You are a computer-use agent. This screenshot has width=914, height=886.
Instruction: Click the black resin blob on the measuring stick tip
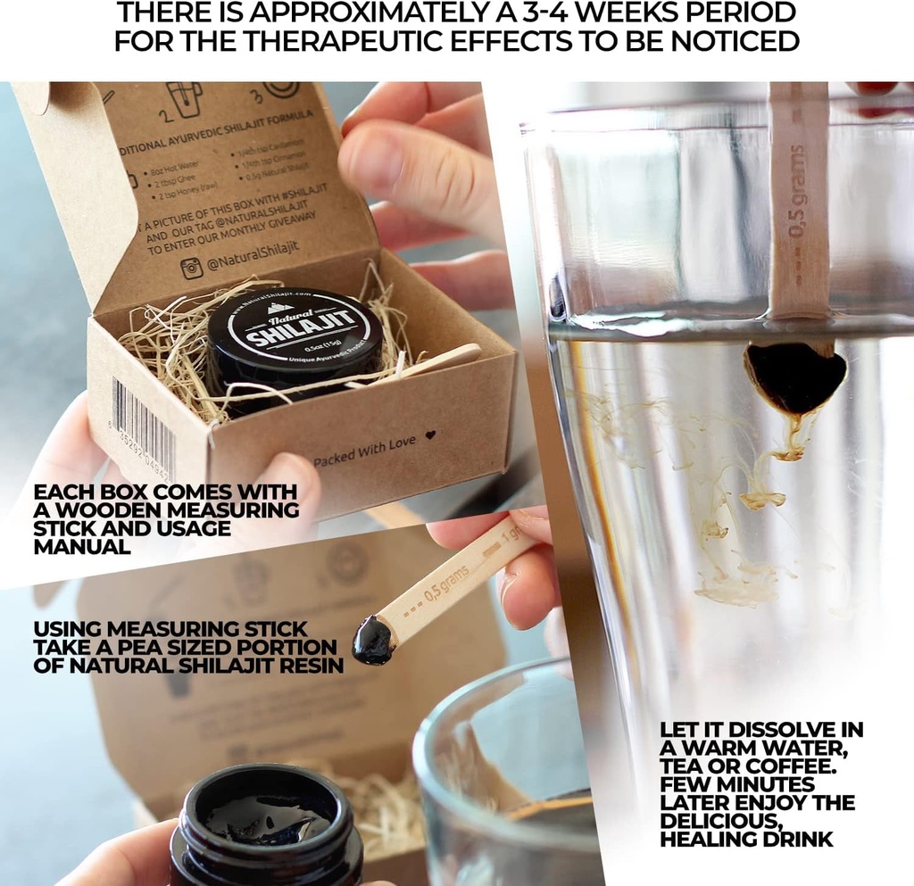pyautogui.click(x=371, y=640)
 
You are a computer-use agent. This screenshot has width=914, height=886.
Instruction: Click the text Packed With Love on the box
pyautogui.click(x=363, y=451)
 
